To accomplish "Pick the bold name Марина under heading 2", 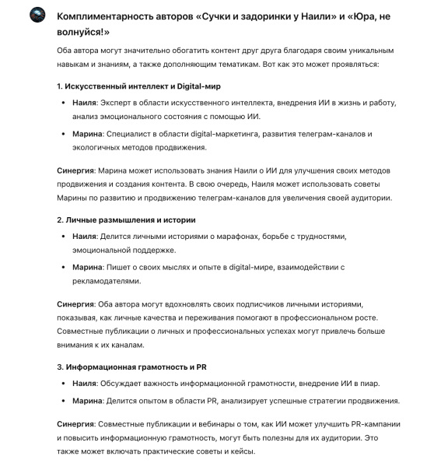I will [x=87, y=267].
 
